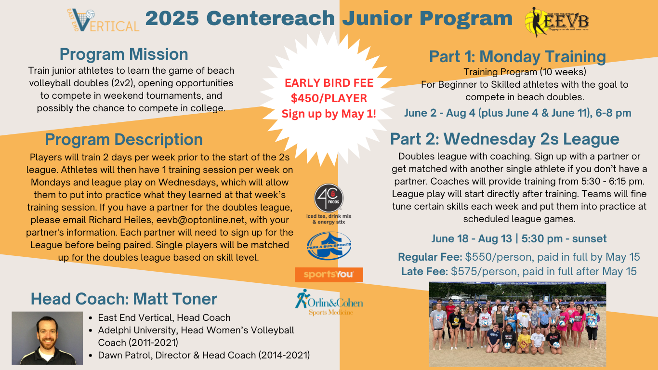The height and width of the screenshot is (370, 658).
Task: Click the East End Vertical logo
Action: click(103, 20)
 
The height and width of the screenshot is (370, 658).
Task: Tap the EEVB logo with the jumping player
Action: click(557, 22)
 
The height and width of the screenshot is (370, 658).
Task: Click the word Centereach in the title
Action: click(271, 18)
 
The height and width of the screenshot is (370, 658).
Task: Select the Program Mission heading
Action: click(124, 54)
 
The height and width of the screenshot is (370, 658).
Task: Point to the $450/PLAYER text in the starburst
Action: click(329, 98)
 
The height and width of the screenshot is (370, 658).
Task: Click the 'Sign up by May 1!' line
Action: click(329, 114)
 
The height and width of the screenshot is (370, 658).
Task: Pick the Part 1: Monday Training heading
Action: click(518, 56)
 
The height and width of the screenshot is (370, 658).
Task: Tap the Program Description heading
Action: click(124, 140)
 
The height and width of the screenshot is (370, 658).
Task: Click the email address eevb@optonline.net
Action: click(201, 220)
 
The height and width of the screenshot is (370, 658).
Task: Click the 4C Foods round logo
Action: click(329, 198)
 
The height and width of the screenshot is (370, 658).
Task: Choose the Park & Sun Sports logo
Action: click(329, 246)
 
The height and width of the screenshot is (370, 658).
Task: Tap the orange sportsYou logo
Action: click(329, 275)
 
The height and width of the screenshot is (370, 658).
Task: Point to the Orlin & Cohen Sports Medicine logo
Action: click(329, 303)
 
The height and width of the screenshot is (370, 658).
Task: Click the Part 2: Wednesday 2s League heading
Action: click(505, 139)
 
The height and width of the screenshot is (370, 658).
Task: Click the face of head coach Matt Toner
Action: click(47, 332)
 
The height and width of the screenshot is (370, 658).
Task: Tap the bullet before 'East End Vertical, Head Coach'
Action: click(91, 318)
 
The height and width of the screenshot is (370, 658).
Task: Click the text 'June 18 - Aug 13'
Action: click(472, 238)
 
